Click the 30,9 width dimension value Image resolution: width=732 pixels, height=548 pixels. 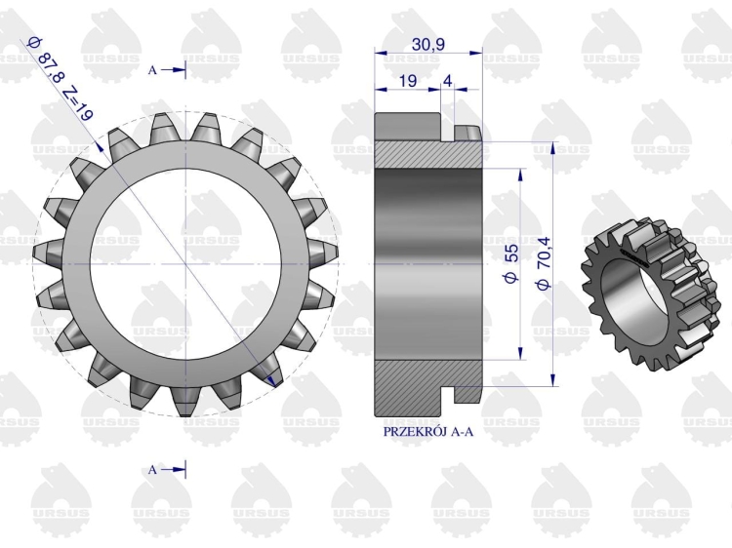tap(428, 44)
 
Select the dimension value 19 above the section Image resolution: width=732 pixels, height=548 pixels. tap(408, 81)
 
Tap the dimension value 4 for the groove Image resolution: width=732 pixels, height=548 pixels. tap(447, 81)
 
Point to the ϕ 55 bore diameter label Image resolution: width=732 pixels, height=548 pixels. tap(511, 263)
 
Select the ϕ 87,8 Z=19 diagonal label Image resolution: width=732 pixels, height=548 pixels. tap(61, 78)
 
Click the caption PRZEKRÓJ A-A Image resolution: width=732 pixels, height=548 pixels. tap(428, 432)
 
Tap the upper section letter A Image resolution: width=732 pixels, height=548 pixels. tap(152, 70)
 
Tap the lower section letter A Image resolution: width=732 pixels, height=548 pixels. tap(152, 470)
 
